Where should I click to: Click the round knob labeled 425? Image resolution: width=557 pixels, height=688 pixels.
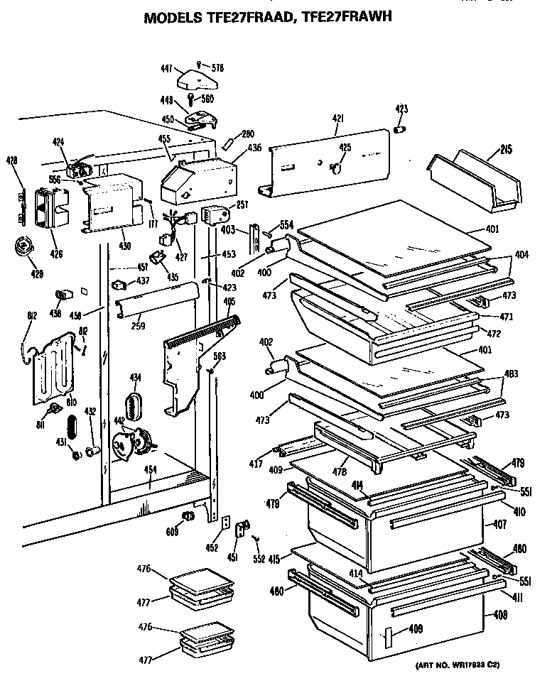[x=337, y=168]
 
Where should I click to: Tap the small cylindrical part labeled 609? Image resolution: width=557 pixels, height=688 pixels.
[x=188, y=515]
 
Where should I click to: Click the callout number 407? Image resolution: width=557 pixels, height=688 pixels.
[x=501, y=525]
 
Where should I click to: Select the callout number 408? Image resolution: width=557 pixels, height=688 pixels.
[x=501, y=616]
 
